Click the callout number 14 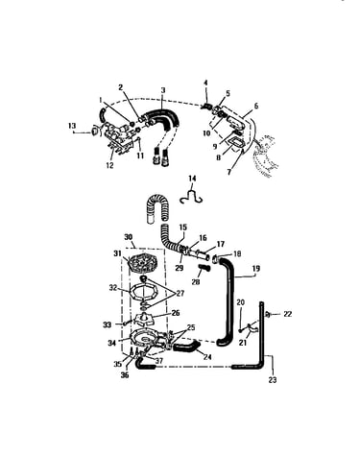192,179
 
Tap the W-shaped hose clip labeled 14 191,197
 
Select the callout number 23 273,380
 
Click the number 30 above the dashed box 129,237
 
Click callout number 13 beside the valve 72,126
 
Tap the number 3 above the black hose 163,90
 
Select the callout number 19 256,268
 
